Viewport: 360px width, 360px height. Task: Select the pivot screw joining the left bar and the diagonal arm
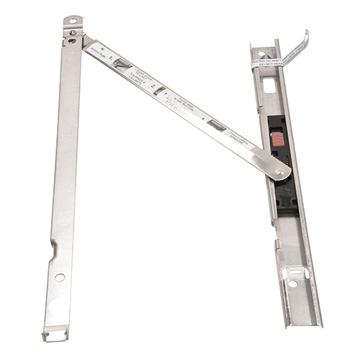(73, 32)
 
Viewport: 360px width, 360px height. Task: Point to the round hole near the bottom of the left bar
(60, 277)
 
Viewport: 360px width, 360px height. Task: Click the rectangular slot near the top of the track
(269, 85)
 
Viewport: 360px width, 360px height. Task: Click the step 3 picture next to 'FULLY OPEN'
(216, 125)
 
